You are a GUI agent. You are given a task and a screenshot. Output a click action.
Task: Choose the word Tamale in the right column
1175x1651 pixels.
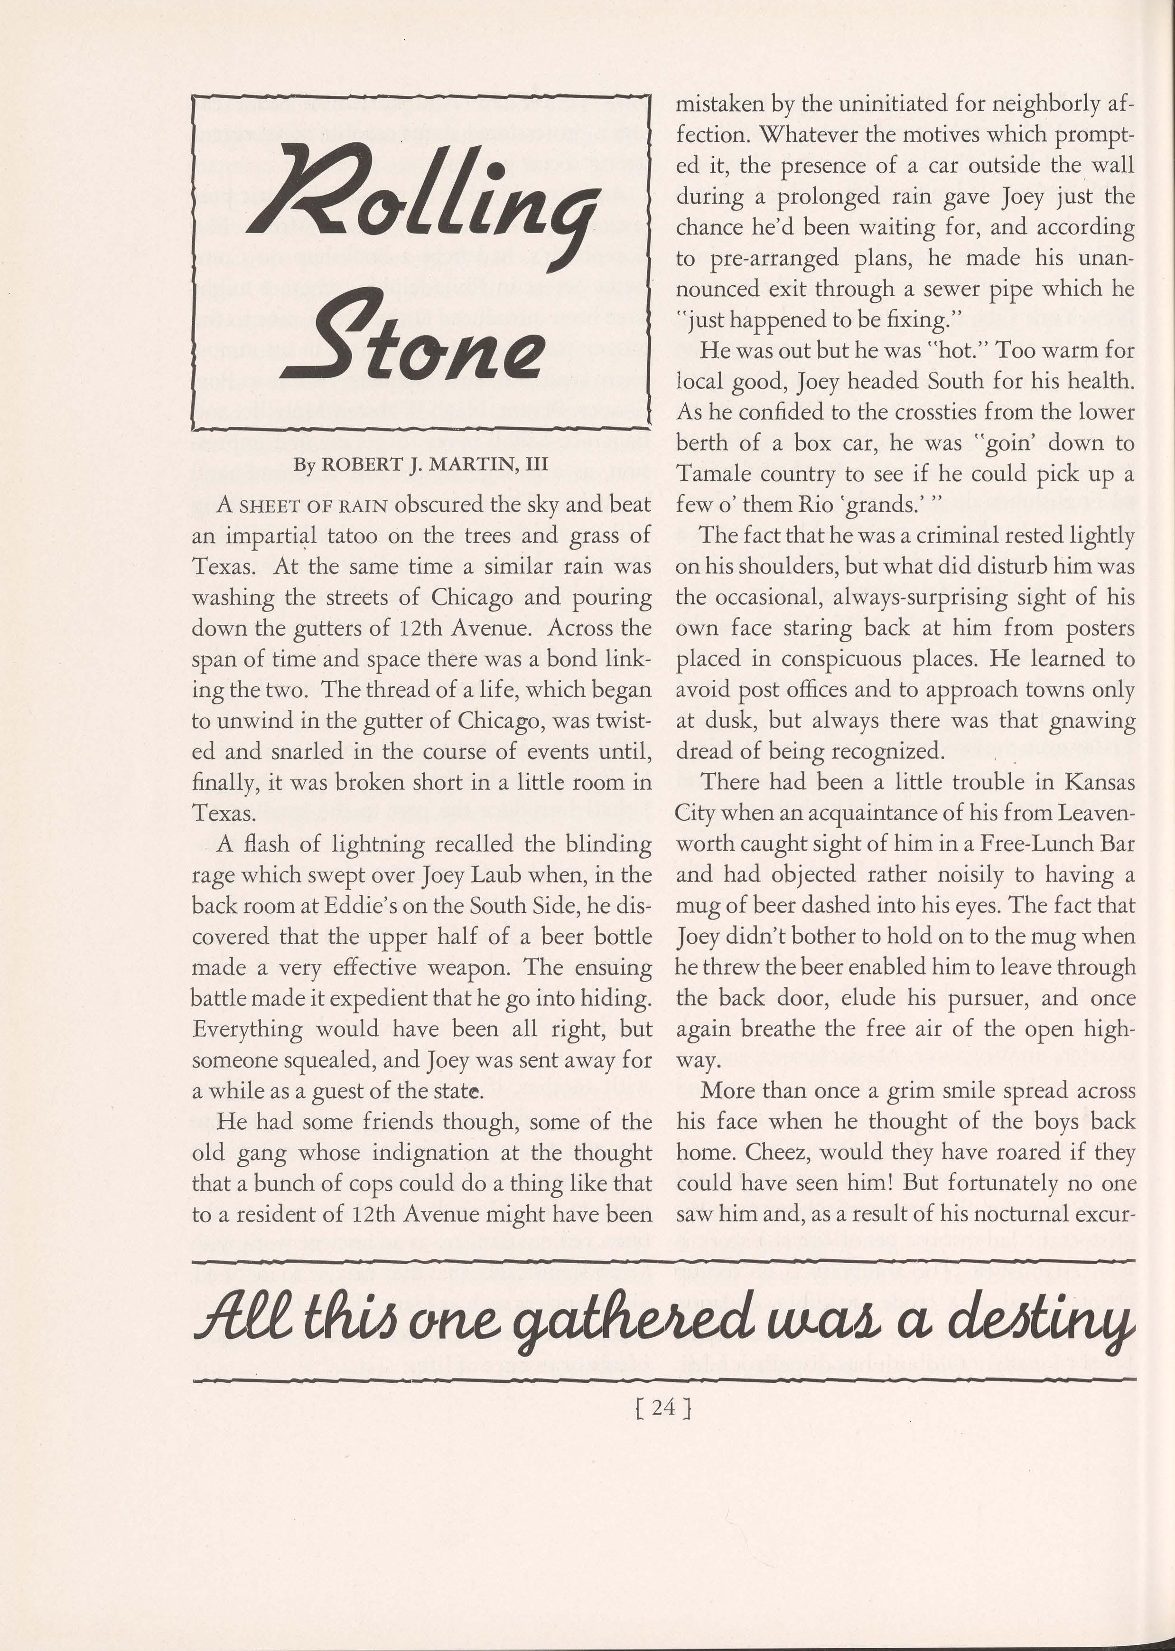[710, 474]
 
